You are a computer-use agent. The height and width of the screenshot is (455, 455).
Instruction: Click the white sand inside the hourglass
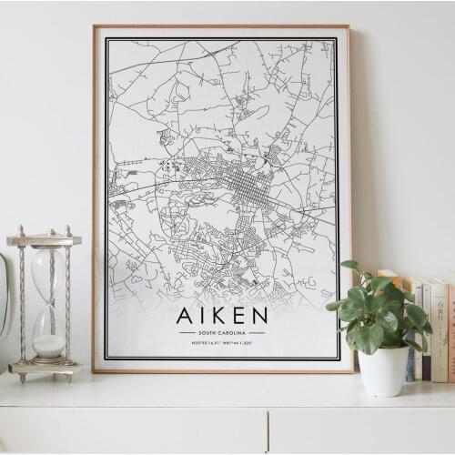pos(48,346)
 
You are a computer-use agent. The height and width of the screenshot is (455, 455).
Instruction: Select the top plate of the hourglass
pos(44,239)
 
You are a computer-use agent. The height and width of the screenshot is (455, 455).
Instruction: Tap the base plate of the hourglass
pos(44,369)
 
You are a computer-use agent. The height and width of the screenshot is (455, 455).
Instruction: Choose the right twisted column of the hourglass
pos(67,305)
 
